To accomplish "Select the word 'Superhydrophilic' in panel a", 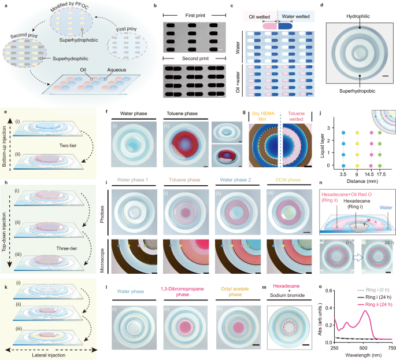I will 65,58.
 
